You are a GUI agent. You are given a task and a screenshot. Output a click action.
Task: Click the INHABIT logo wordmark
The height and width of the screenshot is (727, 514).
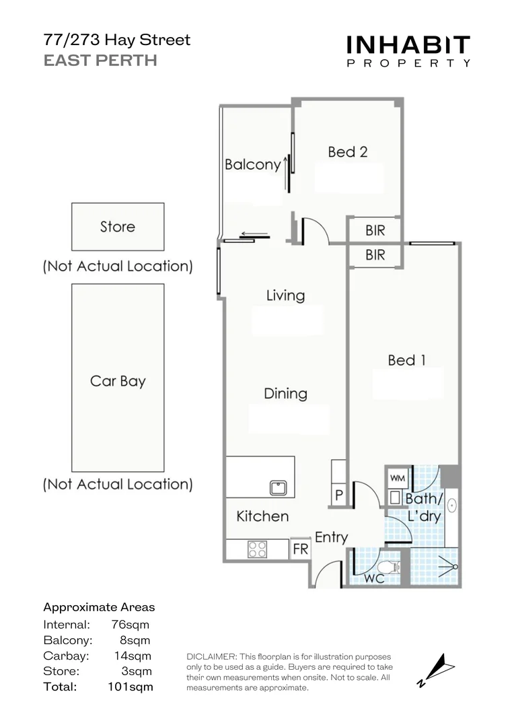click(408, 45)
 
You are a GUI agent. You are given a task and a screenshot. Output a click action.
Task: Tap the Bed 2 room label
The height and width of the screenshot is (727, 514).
click(347, 152)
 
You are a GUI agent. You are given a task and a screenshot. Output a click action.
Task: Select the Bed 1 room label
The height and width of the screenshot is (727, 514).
click(406, 361)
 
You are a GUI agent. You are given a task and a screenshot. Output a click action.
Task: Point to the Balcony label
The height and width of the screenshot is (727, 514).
click(252, 164)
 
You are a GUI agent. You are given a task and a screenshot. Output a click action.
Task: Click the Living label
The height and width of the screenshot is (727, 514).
click(285, 296)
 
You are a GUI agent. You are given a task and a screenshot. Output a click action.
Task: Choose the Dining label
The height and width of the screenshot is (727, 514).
click(285, 393)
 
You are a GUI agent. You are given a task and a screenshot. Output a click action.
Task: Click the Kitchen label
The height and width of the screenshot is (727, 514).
click(262, 516)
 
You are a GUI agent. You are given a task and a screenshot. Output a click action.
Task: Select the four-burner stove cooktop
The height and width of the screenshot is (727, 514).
click(258, 549)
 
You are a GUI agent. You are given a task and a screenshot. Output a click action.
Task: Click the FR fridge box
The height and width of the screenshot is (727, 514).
click(300, 549)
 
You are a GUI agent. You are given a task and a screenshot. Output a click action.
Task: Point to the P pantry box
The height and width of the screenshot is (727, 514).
click(339, 495)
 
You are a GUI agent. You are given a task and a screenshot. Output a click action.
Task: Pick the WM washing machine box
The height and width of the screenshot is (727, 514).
click(397, 478)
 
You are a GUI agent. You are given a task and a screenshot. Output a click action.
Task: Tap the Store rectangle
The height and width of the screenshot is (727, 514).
click(118, 227)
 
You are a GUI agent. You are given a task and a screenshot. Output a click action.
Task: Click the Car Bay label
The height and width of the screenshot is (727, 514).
click(118, 381)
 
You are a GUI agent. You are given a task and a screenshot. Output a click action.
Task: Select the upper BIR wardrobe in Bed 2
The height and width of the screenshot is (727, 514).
click(375, 230)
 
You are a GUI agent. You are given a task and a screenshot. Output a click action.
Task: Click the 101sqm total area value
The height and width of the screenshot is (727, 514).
click(131, 687)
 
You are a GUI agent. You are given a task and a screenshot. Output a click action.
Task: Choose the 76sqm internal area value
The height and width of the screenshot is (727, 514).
click(131, 625)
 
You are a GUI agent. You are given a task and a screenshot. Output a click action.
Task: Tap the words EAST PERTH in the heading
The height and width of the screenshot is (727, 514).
click(100, 61)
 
